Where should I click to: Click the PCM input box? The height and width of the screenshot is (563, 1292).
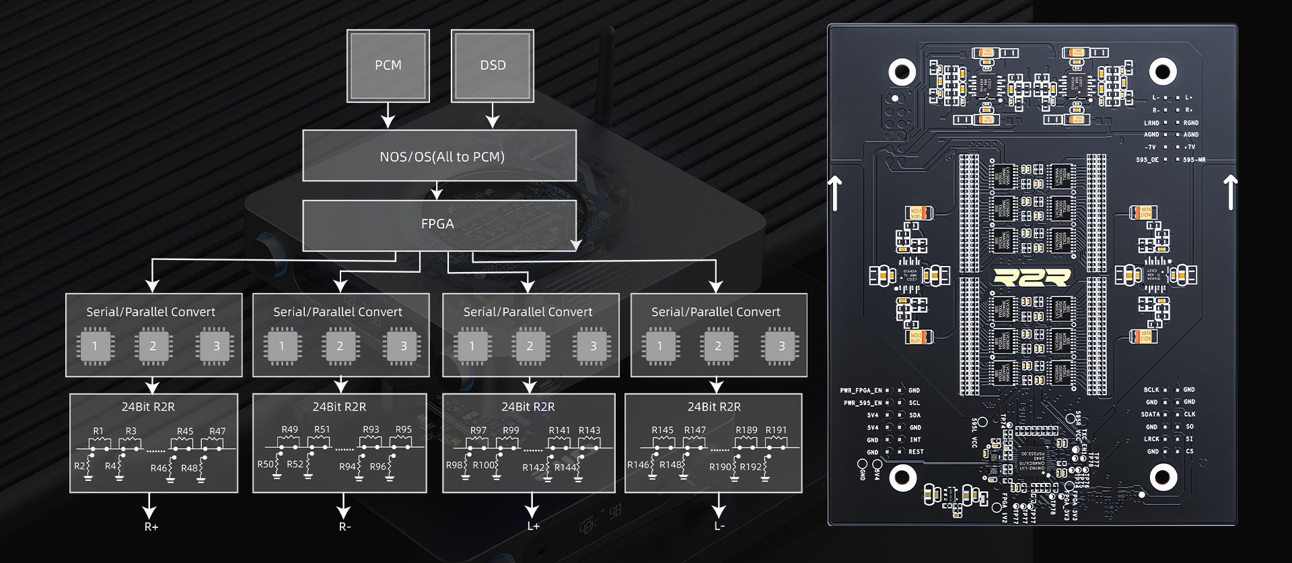click(388, 65)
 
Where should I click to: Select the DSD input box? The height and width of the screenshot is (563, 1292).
click(493, 65)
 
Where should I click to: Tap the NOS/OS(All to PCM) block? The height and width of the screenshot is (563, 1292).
click(439, 156)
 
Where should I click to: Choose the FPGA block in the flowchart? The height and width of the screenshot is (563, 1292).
click(438, 224)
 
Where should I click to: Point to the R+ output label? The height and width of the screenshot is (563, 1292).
click(151, 527)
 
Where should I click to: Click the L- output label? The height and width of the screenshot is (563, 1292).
click(719, 526)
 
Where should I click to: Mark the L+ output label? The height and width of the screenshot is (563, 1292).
click(533, 526)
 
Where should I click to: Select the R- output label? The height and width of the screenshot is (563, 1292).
click(345, 527)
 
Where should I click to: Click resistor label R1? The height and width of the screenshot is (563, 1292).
click(98, 431)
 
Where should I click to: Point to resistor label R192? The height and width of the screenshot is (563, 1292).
click(751, 467)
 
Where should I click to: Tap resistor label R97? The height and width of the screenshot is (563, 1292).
click(478, 430)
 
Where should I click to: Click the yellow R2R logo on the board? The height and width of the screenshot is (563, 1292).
click(1032, 277)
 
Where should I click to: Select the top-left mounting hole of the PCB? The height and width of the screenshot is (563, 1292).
click(902, 71)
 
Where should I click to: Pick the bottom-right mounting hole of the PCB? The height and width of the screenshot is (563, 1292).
click(1163, 477)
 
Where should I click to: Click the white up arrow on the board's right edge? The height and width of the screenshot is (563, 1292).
click(1230, 193)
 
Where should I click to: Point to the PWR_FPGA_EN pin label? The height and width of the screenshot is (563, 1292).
click(861, 391)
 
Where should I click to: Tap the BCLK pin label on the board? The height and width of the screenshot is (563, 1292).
click(1151, 390)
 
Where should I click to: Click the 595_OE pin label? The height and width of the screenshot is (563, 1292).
click(1147, 160)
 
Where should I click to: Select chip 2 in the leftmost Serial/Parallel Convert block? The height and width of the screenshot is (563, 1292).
click(153, 346)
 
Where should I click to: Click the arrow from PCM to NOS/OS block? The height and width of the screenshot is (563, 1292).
click(388, 115)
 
